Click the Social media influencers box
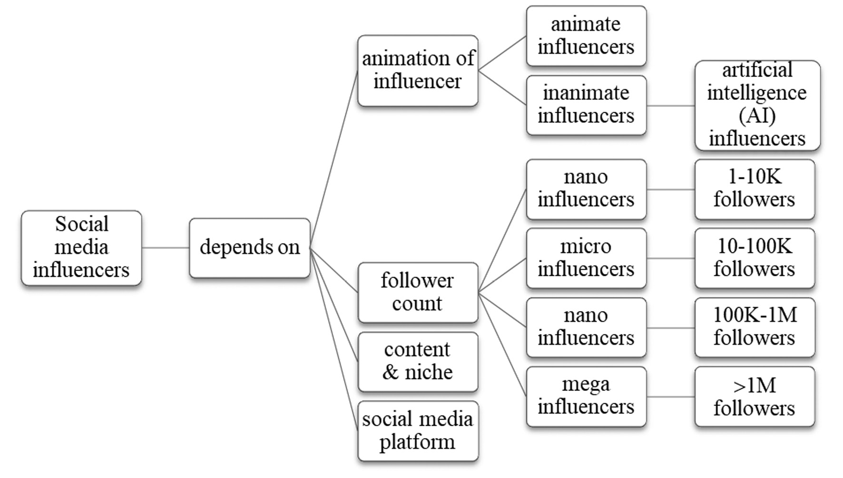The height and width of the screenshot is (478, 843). [x=81, y=248]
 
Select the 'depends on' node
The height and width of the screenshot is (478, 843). [x=249, y=248]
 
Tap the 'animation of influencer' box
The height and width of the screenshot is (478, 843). [x=418, y=70]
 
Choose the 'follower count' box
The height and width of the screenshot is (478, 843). [x=418, y=293]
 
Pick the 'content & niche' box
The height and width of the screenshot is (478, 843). [x=418, y=361]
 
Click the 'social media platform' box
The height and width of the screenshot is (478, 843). [x=418, y=431]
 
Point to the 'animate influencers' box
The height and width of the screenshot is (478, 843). [x=586, y=36]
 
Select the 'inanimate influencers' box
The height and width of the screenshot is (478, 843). [x=586, y=105]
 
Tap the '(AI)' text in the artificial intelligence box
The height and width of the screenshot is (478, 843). [x=757, y=116]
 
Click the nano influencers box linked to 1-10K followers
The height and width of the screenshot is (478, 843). [x=586, y=189]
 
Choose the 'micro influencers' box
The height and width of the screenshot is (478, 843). [x=586, y=258]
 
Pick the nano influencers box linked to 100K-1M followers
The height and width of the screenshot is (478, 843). [x=586, y=327]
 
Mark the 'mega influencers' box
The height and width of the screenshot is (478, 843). [x=586, y=396]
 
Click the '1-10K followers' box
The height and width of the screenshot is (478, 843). [x=755, y=189]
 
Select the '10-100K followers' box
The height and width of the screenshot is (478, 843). [x=755, y=258]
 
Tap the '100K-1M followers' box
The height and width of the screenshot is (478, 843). [x=755, y=327]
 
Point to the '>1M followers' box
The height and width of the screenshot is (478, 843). [x=755, y=396]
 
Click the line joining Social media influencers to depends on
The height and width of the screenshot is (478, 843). [x=165, y=248]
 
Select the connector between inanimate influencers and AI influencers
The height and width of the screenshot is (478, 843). [x=670, y=106]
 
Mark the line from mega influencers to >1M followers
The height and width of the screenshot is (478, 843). [x=670, y=397]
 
